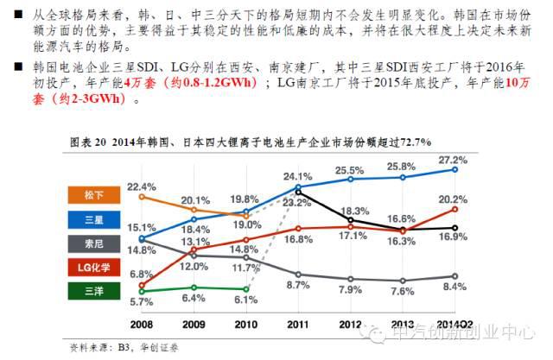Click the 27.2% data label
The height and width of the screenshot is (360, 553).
coord(453,160)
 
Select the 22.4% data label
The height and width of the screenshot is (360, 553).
coord(142,186)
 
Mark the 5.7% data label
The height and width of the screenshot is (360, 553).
coord(142,302)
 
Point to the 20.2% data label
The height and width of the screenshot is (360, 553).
coord(453,199)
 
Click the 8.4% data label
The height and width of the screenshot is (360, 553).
coord(453,277)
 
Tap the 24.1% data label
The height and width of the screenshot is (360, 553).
coord(297,178)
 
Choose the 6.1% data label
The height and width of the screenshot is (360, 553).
coord(245,300)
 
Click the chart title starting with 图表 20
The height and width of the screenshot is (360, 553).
coord(250,139)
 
